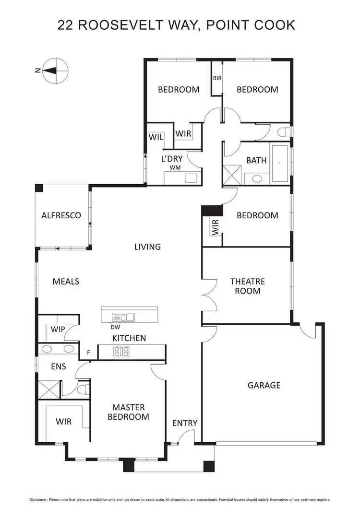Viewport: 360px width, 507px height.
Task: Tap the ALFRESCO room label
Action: coord(60,215)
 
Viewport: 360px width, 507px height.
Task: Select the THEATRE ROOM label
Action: coord(247,286)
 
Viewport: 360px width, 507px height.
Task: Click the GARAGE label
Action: coord(264,385)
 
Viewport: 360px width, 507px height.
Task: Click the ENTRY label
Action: coord(185,423)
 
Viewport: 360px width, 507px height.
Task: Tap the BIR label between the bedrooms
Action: coord(217,78)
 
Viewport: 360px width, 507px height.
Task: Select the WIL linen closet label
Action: coord(156,137)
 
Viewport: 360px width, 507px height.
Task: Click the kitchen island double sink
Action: coord(123,317)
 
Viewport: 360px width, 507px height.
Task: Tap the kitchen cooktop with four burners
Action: coord(121,352)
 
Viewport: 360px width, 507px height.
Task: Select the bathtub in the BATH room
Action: coord(280,164)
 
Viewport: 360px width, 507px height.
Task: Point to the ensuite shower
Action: coord(48,389)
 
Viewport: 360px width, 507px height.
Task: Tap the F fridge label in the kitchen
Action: coord(88,353)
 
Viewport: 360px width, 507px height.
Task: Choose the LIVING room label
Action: coord(147,247)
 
